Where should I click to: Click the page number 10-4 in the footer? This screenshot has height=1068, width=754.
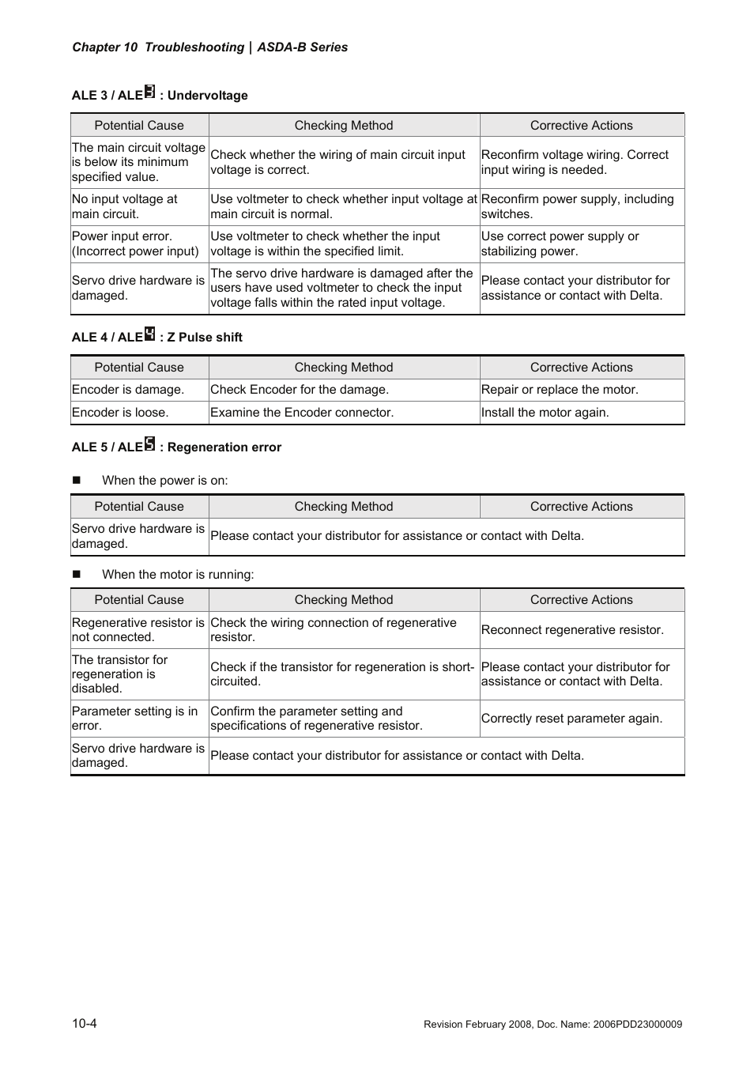[85, 1024]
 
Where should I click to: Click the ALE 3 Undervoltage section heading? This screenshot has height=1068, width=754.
[160, 95]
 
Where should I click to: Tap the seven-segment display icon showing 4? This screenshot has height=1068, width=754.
[150, 334]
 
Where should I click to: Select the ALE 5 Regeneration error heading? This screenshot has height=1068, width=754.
[176, 447]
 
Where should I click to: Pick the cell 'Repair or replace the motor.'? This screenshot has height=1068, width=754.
[560, 390]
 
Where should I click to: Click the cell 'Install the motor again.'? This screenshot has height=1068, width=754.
[545, 413]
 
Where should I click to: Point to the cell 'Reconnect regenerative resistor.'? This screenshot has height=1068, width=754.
[572, 630]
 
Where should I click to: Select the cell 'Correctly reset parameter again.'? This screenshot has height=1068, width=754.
[571, 719]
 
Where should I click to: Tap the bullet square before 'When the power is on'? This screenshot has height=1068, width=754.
[77, 481]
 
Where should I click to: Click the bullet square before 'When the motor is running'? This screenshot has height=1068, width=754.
[77, 575]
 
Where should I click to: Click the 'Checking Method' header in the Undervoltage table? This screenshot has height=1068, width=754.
[344, 126]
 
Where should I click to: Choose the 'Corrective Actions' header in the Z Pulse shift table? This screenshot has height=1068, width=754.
[581, 368]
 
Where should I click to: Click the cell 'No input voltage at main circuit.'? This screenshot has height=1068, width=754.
[125, 206]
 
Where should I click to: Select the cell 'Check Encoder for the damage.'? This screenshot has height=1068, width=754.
[300, 390]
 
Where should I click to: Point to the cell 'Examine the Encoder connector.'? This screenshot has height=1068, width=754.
[302, 413]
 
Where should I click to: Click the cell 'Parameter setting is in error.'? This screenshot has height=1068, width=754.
[134, 719]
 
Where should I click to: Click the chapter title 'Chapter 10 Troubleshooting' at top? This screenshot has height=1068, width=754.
[158, 47]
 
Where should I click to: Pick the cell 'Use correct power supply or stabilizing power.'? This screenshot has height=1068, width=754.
[560, 243]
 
